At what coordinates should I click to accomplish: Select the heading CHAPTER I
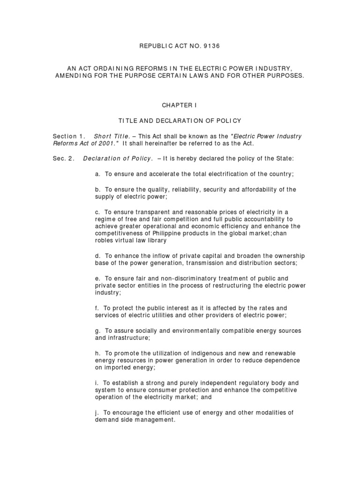(180, 105)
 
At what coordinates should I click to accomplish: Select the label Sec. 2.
(63, 158)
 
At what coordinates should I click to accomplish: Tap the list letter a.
(97, 174)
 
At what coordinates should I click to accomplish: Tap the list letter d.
(97, 256)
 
